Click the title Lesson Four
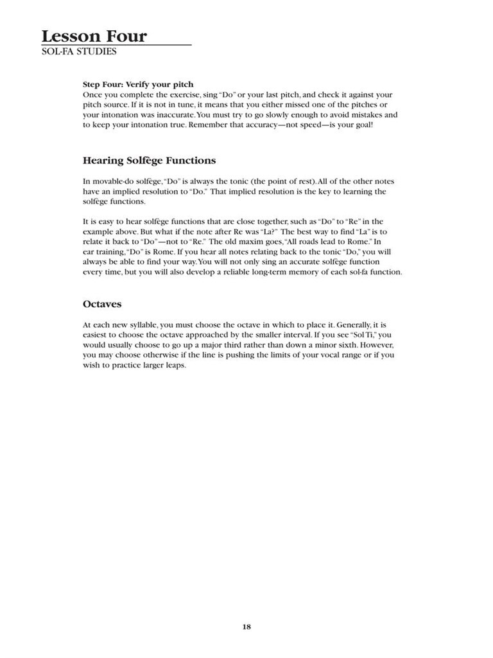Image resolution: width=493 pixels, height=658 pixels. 94,36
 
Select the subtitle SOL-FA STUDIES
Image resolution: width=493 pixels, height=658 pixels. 78,51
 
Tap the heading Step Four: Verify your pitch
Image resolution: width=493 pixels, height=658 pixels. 138,84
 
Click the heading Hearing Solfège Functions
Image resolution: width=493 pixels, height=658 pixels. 149,161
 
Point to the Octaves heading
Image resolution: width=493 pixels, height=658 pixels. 102,304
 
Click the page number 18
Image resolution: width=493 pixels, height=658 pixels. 246,627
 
